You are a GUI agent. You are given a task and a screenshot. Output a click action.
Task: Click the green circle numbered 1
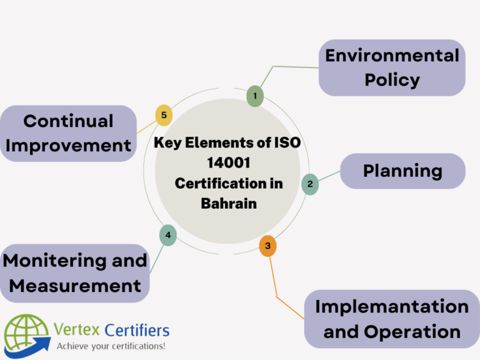point(254,96)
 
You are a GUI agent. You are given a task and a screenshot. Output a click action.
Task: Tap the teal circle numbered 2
point(309,184)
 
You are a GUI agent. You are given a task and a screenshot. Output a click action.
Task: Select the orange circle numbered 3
point(267,246)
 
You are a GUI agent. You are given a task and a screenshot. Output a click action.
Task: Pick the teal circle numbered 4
point(167,235)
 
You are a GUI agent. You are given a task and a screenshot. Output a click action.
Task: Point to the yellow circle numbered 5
point(163,115)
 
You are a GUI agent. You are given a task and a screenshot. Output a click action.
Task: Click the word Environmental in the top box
point(392,56)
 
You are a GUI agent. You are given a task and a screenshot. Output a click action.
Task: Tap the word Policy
point(392,80)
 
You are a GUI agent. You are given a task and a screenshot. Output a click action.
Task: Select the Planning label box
point(402,171)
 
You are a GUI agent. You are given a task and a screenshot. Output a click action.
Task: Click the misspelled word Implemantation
point(392,306)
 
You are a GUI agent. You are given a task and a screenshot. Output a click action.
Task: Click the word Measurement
point(75,286)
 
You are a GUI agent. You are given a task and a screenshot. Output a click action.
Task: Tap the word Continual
point(68,121)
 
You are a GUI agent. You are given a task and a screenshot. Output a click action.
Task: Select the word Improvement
point(68,146)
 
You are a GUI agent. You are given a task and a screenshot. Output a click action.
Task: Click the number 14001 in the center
point(227,163)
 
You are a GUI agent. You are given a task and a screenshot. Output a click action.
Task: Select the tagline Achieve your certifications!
point(111,346)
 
